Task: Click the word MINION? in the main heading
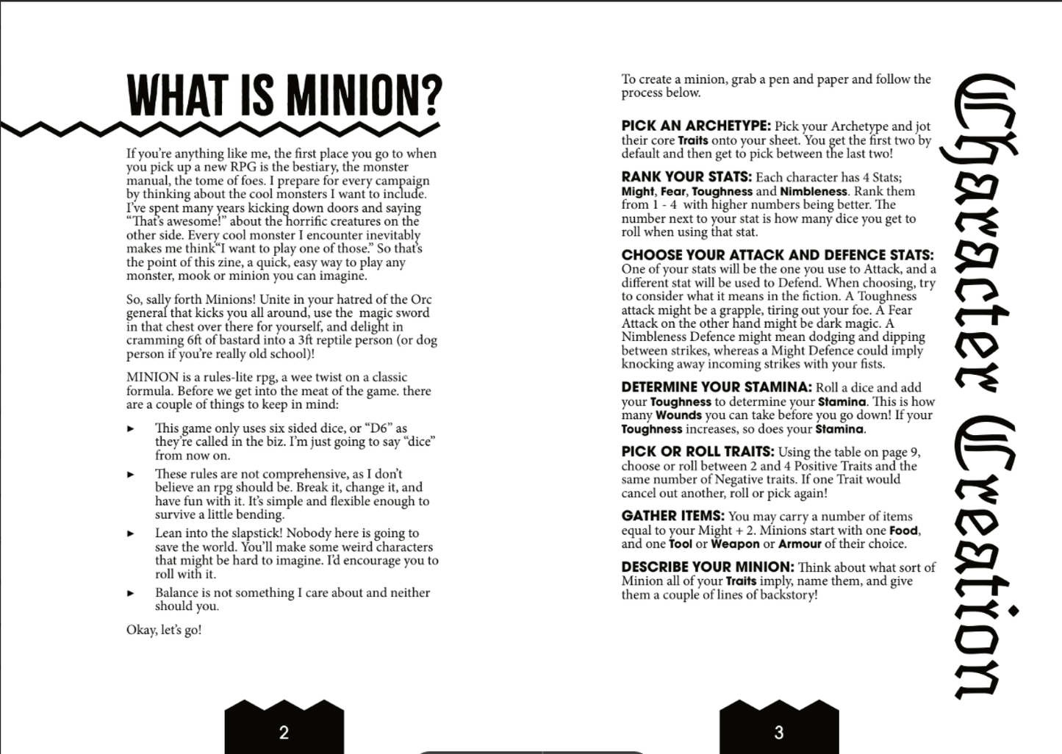pos(365,96)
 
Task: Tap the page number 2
pos(284,732)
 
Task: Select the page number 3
pos(779,732)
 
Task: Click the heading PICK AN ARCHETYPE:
pos(695,126)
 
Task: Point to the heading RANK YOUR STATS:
pos(686,177)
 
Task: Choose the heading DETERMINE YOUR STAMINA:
pos(716,387)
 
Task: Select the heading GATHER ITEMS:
pos(672,517)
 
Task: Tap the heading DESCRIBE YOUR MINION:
pos(707,567)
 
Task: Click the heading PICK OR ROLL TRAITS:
pos(697,452)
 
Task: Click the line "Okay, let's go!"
pos(164,630)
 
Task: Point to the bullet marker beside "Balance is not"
pos(131,593)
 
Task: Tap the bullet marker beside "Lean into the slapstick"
pos(131,534)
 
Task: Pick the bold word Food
pos(903,531)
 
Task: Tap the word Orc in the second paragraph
pos(421,299)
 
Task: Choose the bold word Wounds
pos(678,415)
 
